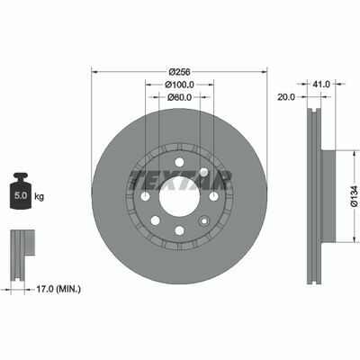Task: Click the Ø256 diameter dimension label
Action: point(179,72)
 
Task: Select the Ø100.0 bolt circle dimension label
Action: point(179,85)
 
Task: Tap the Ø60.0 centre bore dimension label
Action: point(179,97)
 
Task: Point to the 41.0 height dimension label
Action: point(321,85)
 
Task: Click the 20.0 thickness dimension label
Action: point(286,96)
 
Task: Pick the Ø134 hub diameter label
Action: point(355,196)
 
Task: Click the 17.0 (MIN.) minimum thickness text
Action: point(58,289)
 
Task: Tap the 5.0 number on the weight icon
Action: point(21,196)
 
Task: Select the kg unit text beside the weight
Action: point(40,197)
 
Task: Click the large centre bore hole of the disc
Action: point(179,196)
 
